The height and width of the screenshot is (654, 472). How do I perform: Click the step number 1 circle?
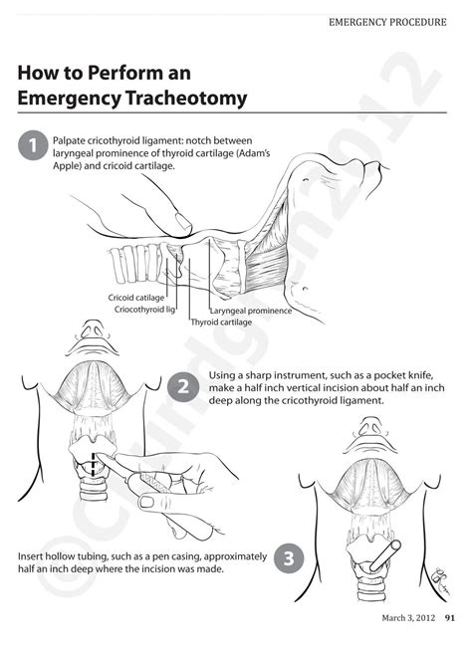pyautogui.click(x=33, y=145)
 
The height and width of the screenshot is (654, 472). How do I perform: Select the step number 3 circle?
pyautogui.click(x=287, y=557)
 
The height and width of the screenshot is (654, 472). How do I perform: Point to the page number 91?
pyautogui.click(x=450, y=619)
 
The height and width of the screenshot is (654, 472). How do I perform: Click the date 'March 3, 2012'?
pyautogui.click(x=408, y=619)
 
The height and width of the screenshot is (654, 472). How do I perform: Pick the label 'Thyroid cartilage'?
pyautogui.click(x=221, y=323)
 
